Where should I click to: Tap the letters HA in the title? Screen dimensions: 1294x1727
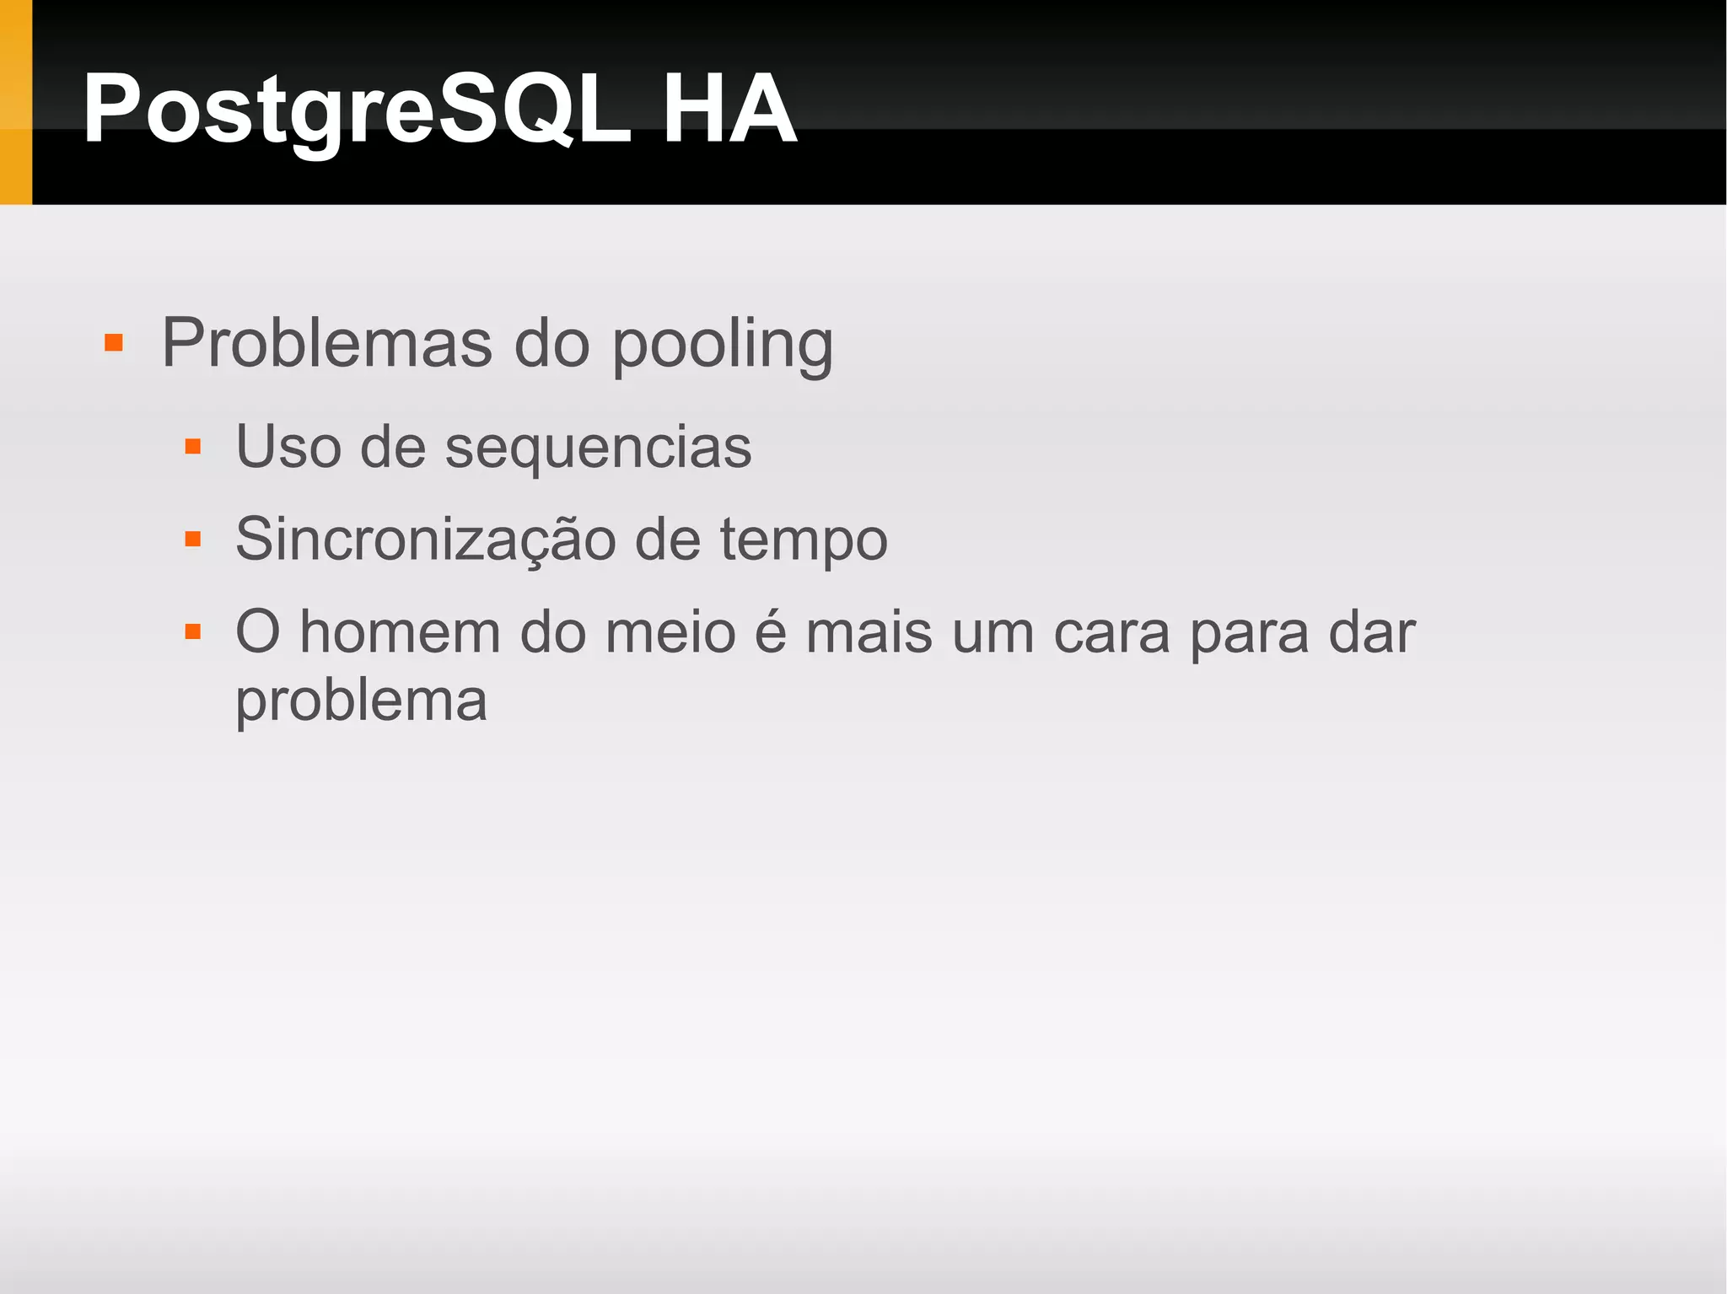click(x=729, y=110)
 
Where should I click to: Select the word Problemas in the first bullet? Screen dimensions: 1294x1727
click(x=327, y=343)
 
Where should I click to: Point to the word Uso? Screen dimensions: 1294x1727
click(x=288, y=446)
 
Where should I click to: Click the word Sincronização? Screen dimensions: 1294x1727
click(x=425, y=540)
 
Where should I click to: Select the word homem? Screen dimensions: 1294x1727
click(x=401, y=631)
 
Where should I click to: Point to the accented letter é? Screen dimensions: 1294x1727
click(x=770, y=631)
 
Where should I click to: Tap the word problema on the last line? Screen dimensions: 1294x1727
click(x=361, y=701)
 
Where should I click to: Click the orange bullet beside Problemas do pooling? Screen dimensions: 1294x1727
click(x=114, y=343)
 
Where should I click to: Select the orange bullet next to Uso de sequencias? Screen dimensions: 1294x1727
click(x=193, y=446)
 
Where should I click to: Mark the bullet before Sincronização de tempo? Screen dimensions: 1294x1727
click(x=193, y=539)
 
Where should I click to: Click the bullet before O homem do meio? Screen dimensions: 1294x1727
click(x=193, y=631)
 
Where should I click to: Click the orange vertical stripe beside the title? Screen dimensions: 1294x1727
click(x=15, y=102)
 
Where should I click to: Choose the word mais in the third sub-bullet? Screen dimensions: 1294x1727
click(x=869, y=631)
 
